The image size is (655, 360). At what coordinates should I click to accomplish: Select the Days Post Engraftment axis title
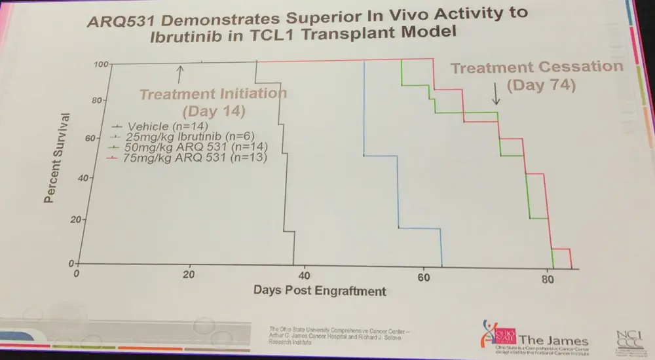point(320,289)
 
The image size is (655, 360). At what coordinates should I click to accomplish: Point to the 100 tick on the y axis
point(100,64)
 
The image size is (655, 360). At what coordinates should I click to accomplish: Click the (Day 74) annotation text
point(540,85)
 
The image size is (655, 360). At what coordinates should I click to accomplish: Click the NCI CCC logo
point(626,340)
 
